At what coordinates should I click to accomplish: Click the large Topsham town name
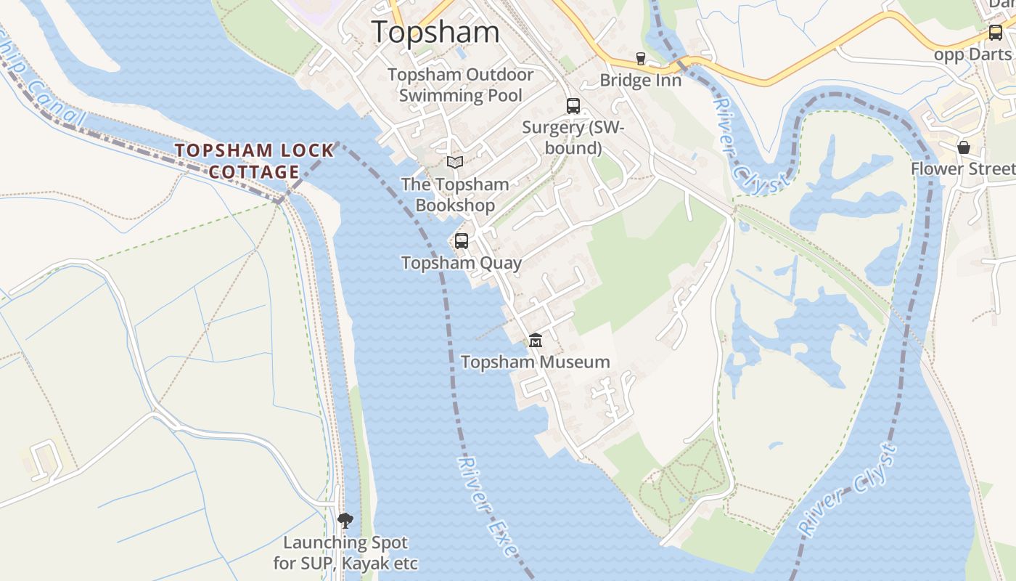(x=435, y=32)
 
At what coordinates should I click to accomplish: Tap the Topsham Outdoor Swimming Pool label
(x=461, y=85)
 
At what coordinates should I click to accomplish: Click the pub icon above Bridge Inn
(x=640, y=58)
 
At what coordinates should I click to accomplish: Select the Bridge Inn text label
(x=641, y=80)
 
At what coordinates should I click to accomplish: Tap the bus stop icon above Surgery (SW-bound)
(x=573, y=106)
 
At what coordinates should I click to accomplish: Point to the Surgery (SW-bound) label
(x=573, y=137)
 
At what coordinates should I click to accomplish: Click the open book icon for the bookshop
(x=455, y=162)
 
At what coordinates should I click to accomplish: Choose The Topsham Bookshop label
(x=455, y=195)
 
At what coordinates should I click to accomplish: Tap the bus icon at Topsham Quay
(x=462, y=241)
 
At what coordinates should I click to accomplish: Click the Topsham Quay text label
(x=462, y=263)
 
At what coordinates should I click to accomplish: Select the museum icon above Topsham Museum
(x=536, y=340)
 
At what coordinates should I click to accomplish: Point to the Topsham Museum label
(x=536, y=362)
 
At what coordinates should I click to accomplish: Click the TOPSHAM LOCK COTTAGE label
(x=255, y=161)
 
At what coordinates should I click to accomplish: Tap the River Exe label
(x=488, y=507)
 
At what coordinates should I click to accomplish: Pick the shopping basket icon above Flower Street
(x=964, y=147)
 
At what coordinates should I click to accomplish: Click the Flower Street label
(x=963, y=169)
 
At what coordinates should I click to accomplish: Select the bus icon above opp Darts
(x=996, y=33)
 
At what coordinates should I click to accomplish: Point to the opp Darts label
(x=972, y=55)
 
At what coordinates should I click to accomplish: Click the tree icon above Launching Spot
(x=345, y=520)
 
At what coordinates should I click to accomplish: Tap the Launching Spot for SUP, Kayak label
(x=345, y=553)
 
